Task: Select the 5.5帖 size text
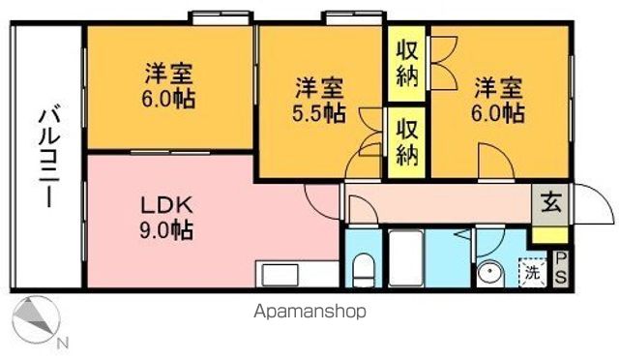[320, 113]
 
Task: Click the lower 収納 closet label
[407, 141]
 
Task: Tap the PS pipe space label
[561, 267]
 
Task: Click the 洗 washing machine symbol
[532, 272]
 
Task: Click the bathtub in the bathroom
[407, 256]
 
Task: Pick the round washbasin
[490, 274]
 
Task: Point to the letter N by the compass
[63, 343]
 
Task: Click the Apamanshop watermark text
[309, 313]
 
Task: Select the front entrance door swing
[592, 204]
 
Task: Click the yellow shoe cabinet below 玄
[548, 234]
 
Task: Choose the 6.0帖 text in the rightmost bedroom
[499, 113]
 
